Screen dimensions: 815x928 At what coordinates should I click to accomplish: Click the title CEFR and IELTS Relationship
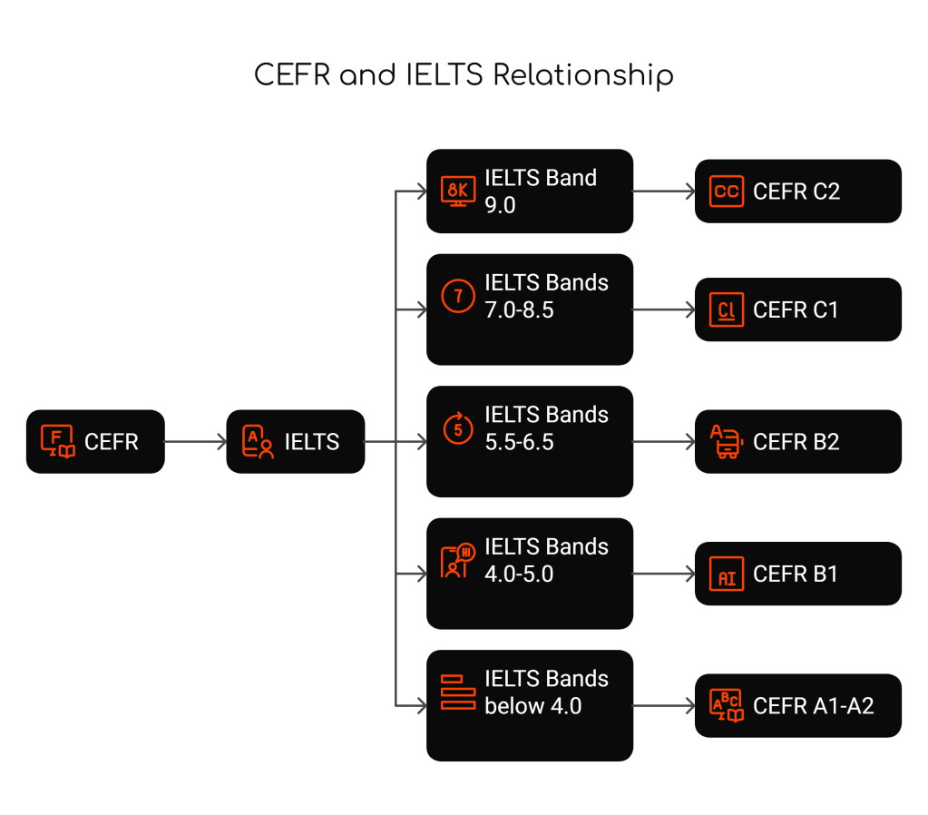(x=464, y=74)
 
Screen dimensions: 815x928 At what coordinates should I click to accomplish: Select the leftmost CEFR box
(x=95, y=442)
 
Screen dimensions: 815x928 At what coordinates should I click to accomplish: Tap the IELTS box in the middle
(x=295, y=442)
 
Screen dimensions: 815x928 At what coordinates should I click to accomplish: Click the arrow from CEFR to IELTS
(x=195, y=442)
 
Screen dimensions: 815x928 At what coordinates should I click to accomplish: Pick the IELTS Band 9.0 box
(x=530, y=191)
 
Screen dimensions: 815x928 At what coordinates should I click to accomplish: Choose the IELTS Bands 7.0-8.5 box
(x=530, y=309)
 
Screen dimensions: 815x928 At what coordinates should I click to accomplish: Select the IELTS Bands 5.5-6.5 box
(x=530, y=442)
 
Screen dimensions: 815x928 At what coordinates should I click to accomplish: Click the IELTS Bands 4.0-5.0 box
(x=530, y=574)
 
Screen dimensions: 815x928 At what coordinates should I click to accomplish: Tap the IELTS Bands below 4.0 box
(x=530, y=705)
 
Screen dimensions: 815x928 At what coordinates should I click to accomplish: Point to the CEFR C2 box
(x=797, y=191)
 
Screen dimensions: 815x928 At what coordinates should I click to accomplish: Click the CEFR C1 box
(x=797, y=309)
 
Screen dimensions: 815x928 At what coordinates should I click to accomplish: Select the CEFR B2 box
(x=797, y=442)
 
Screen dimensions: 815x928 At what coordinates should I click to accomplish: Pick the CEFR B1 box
(x=797, y=574)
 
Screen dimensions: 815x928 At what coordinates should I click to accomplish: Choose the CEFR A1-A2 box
(x=797, y=705)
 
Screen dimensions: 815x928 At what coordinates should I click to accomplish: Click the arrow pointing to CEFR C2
(x=663, y=191)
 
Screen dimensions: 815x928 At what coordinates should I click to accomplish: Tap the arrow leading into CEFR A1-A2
(x=663, y=705)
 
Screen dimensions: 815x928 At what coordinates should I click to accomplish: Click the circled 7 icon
(x=458, y=297)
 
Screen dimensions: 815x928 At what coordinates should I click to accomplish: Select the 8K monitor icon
(x=458, y=191)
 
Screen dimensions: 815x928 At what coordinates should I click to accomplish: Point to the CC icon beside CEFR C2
(x=727, y=191)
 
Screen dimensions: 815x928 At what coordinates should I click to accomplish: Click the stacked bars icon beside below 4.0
(x=458, y=692)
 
